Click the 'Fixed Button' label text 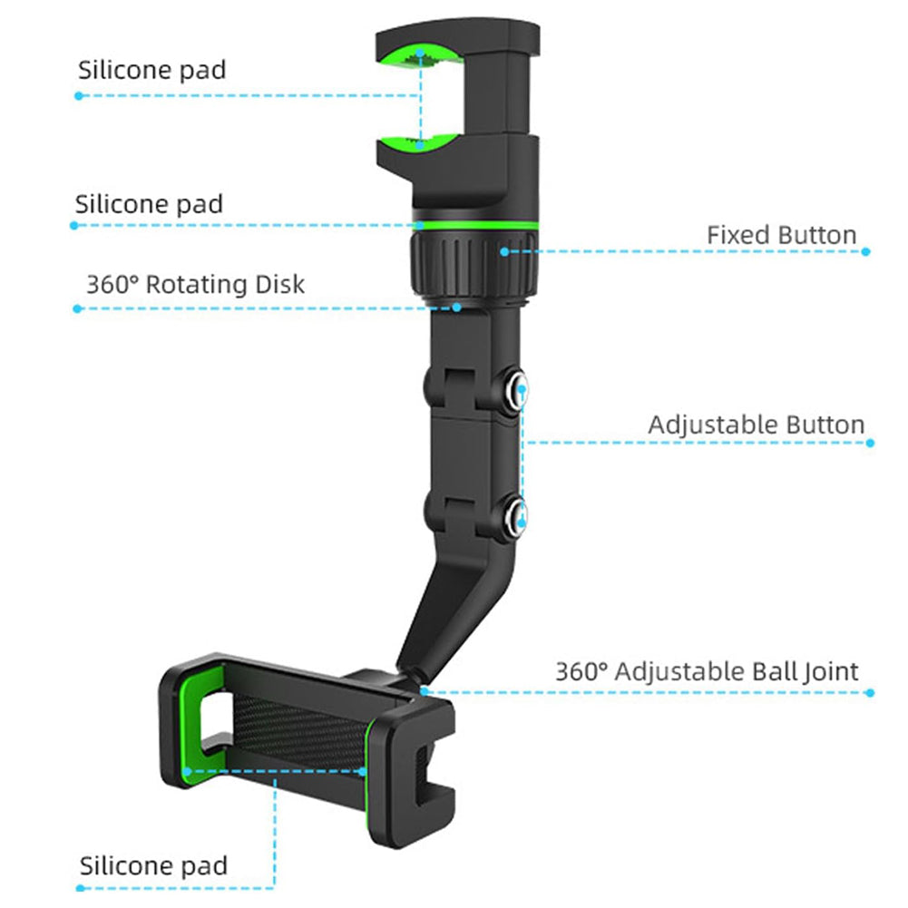click(781, 235)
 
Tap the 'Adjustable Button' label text click(756, 425)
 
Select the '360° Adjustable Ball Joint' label click(707, 672)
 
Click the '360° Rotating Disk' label click(195, 284)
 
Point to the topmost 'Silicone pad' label click(151, 70)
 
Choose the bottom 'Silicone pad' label click(153, 866)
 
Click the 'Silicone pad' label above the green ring click(149, 204)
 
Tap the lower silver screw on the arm click(515, 515)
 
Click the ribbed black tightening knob click(474, 264)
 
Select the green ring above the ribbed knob click(476, 225)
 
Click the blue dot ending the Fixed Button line click(865, 252)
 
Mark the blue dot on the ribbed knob click(504, 252)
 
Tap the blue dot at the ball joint click(425, 691)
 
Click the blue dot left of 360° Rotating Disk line click(77, 308)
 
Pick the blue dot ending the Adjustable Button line click(870, 443)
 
